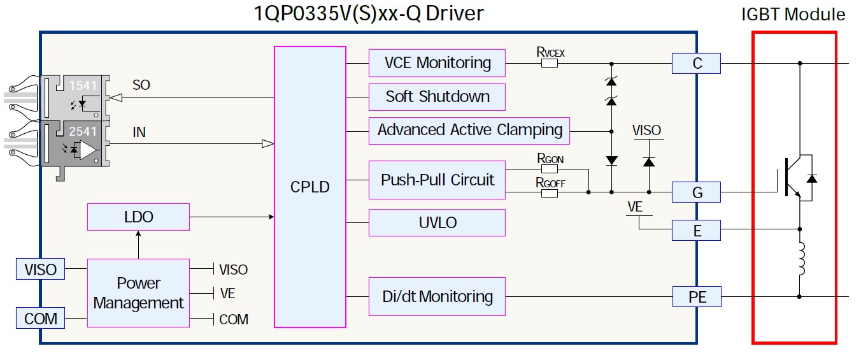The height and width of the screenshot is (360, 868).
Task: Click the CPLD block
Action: [310, 187]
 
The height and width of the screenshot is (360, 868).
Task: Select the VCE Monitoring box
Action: [437, 63]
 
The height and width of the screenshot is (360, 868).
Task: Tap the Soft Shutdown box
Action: [437, 97]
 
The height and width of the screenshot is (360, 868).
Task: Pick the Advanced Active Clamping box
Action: [469, 131]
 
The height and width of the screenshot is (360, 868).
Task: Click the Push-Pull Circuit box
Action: [437, 180]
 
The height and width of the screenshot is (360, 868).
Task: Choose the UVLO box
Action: [437, 223]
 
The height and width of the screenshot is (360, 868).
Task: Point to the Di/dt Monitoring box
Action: [437, 296]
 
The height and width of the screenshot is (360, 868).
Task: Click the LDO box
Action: [138, 217]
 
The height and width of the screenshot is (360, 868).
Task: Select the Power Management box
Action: [138, 293]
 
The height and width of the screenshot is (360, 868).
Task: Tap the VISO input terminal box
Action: [40, 270]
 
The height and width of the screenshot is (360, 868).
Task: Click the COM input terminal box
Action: [40, 318]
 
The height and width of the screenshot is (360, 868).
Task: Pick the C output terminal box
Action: [697, 64]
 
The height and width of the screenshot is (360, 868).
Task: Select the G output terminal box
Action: [697, 192]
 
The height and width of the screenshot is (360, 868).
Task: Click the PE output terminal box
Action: [697, 296]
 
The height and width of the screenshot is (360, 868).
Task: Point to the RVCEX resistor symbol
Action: [549, 64]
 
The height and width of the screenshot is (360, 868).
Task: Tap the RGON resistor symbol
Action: [549, 169]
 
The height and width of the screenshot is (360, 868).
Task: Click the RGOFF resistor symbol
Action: [549, 192]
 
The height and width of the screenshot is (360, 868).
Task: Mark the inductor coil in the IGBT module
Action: [800, 259]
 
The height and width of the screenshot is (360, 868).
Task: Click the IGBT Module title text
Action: [793, 15]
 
